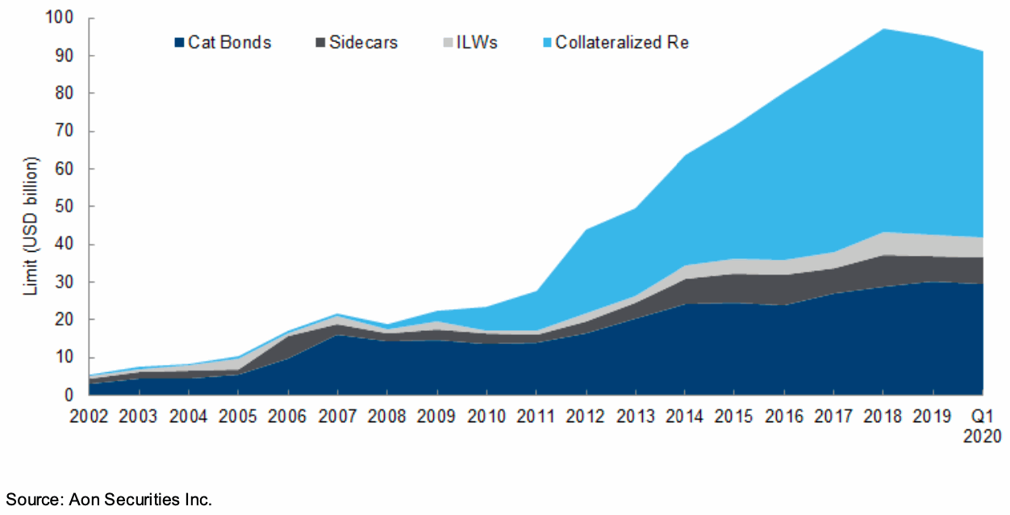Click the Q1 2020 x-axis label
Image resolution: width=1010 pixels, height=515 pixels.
[x=982, y=425]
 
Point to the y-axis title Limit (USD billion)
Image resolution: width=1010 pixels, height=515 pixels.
[x=30, y=207]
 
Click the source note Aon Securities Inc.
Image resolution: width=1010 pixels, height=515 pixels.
[x=109, y=500]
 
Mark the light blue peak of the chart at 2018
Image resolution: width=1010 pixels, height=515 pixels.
[x=884, y=30]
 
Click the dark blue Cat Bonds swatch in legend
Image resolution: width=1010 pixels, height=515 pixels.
[x=179, y=43]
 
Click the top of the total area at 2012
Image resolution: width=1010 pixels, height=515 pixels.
[x=586, y=230]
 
